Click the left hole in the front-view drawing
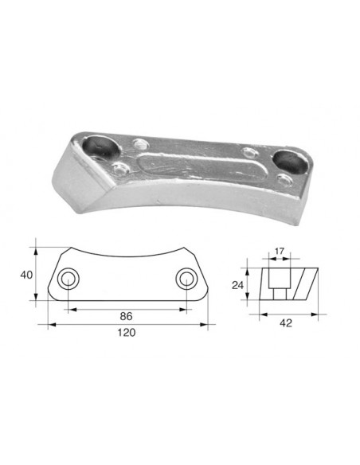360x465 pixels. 68,279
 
